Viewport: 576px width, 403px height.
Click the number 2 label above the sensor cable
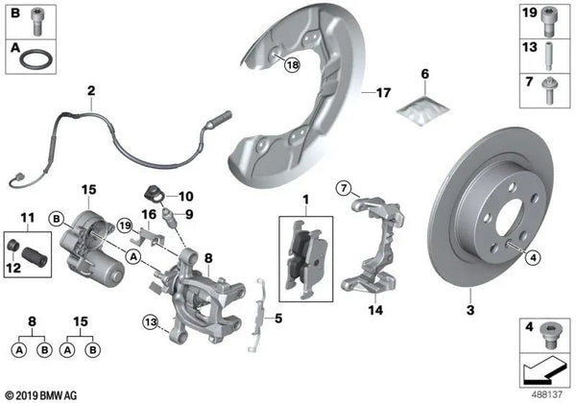91,92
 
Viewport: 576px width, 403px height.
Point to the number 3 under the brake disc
470,310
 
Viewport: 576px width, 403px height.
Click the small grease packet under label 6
419,111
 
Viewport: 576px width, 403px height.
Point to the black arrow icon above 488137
542,367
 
